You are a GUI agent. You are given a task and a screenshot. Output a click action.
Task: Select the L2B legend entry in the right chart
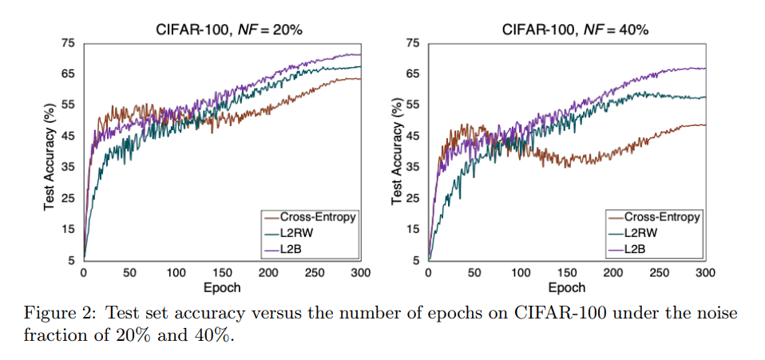click(638, 250)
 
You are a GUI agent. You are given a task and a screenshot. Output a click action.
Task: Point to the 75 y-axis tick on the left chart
click(68, 43)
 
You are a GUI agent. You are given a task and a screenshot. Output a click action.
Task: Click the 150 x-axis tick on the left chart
click(222, 272)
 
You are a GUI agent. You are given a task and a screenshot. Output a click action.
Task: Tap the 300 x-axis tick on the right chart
click(705, 272)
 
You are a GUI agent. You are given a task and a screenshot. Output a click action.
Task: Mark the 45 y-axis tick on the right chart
click(413, 136)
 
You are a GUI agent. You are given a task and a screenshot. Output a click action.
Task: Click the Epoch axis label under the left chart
click(222, 287)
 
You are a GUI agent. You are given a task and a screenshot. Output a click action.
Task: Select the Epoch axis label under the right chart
click(567, 287)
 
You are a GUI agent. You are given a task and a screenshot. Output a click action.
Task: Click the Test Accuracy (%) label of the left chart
click(50, 152)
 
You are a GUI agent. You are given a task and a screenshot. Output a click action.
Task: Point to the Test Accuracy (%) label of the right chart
click(396, 152)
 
